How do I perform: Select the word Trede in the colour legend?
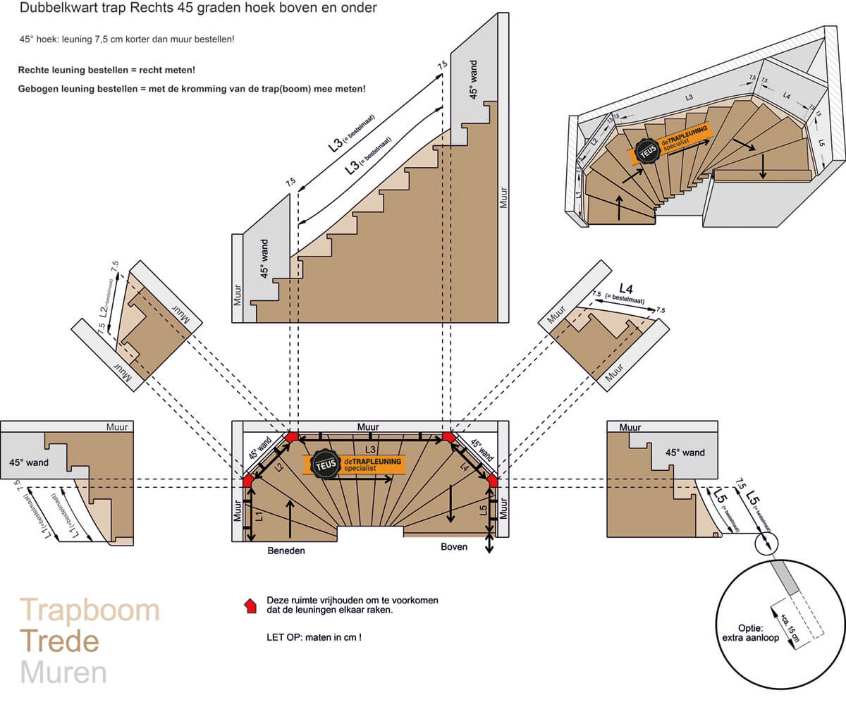tap(59, 641)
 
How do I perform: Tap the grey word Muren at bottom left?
tap(63, 672)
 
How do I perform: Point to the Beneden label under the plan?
tap(286, 551)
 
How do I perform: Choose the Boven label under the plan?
tap(454, 547)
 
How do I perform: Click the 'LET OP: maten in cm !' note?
tap(313, 637)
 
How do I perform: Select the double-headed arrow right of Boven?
tap(489, 543)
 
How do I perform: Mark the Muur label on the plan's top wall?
tap(368, 426)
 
